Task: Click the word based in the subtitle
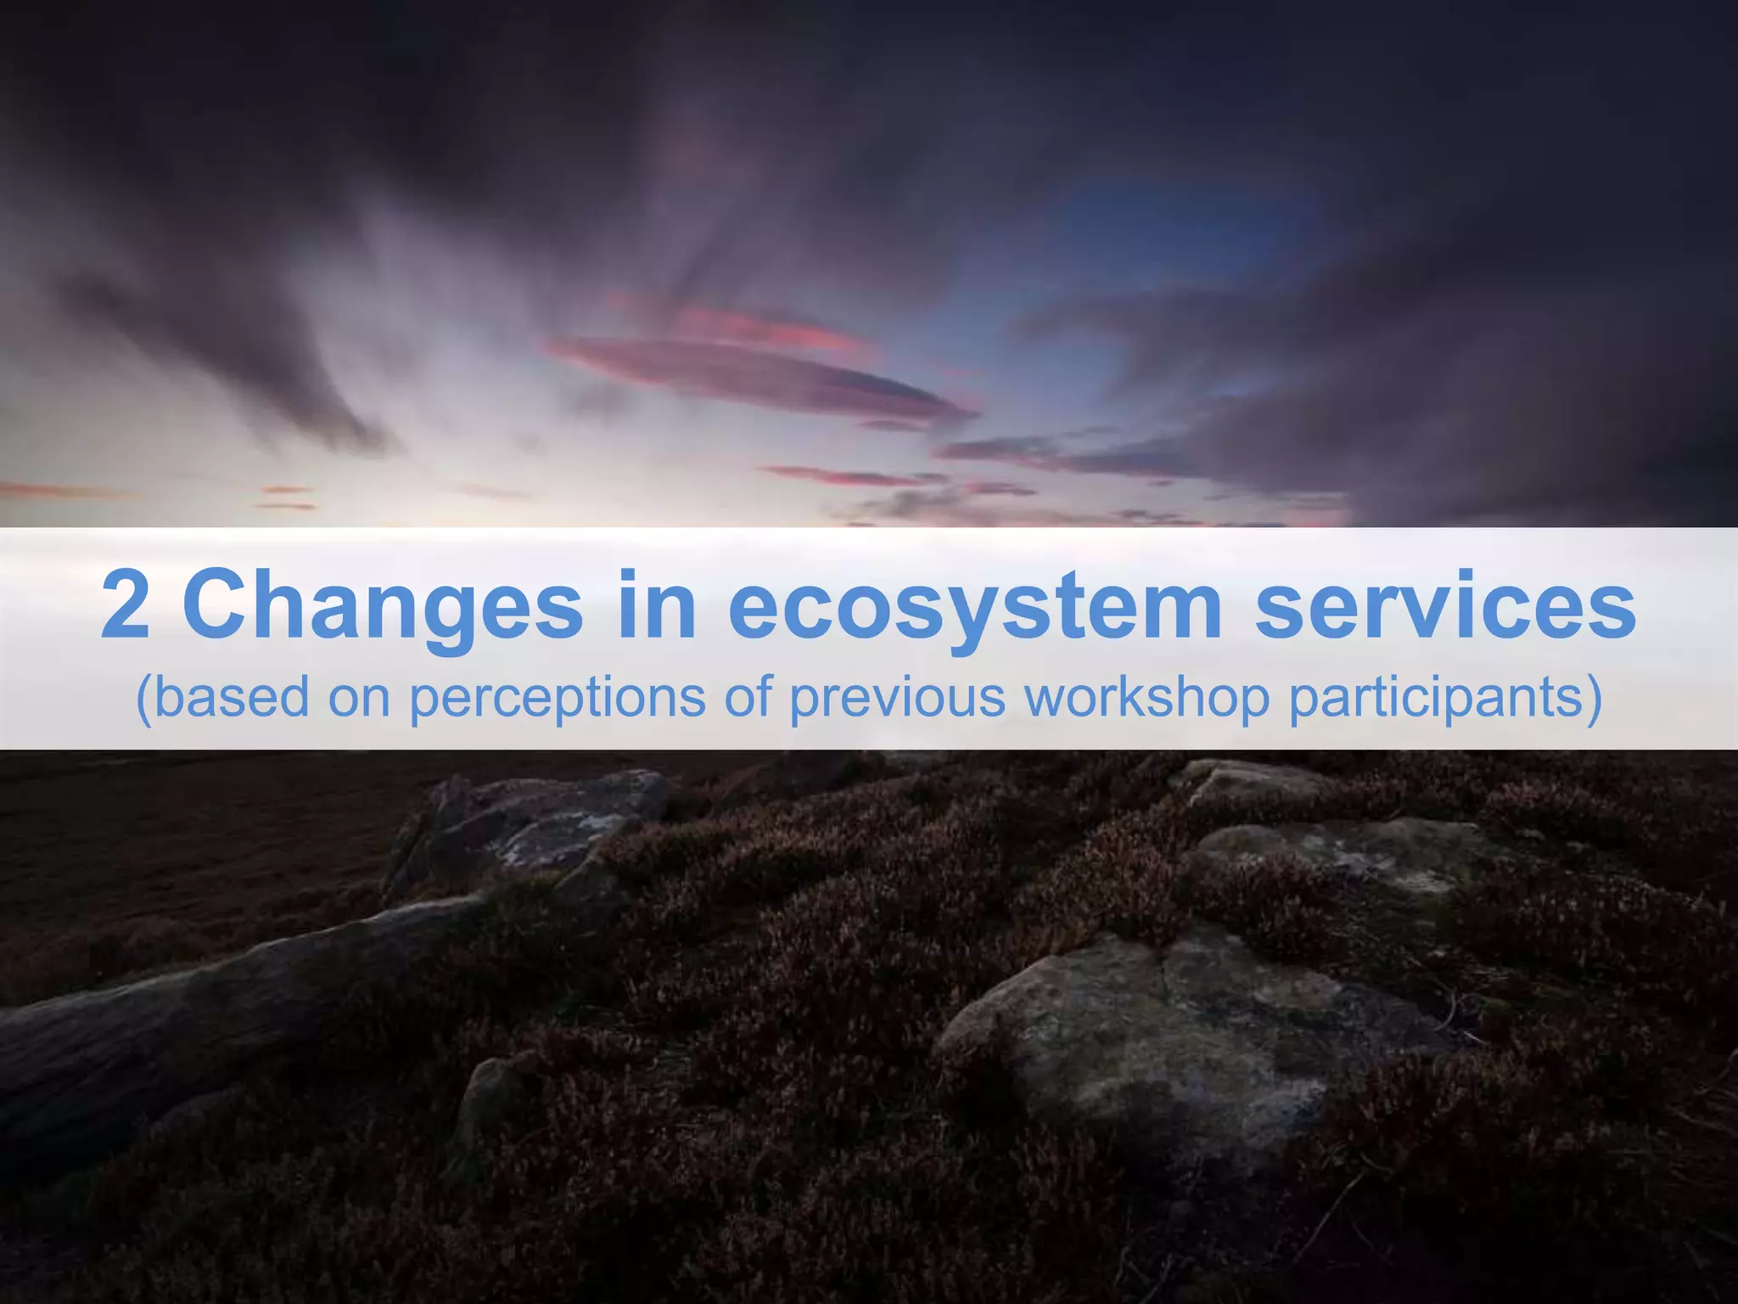(232, 698)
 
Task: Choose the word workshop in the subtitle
(1147, 699)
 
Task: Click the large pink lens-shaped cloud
(755, 374)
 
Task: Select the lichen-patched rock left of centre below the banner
(543, 819)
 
